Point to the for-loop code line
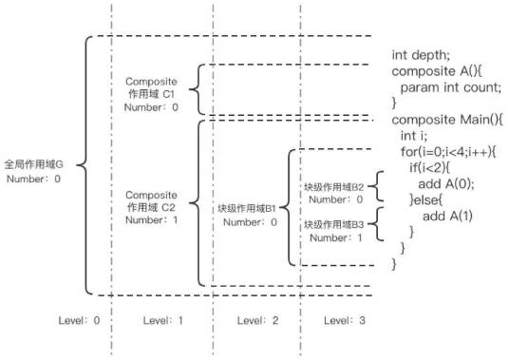(x=457, y=151)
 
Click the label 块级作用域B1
(x=246, y=208)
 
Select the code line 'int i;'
(x=413, y=135)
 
